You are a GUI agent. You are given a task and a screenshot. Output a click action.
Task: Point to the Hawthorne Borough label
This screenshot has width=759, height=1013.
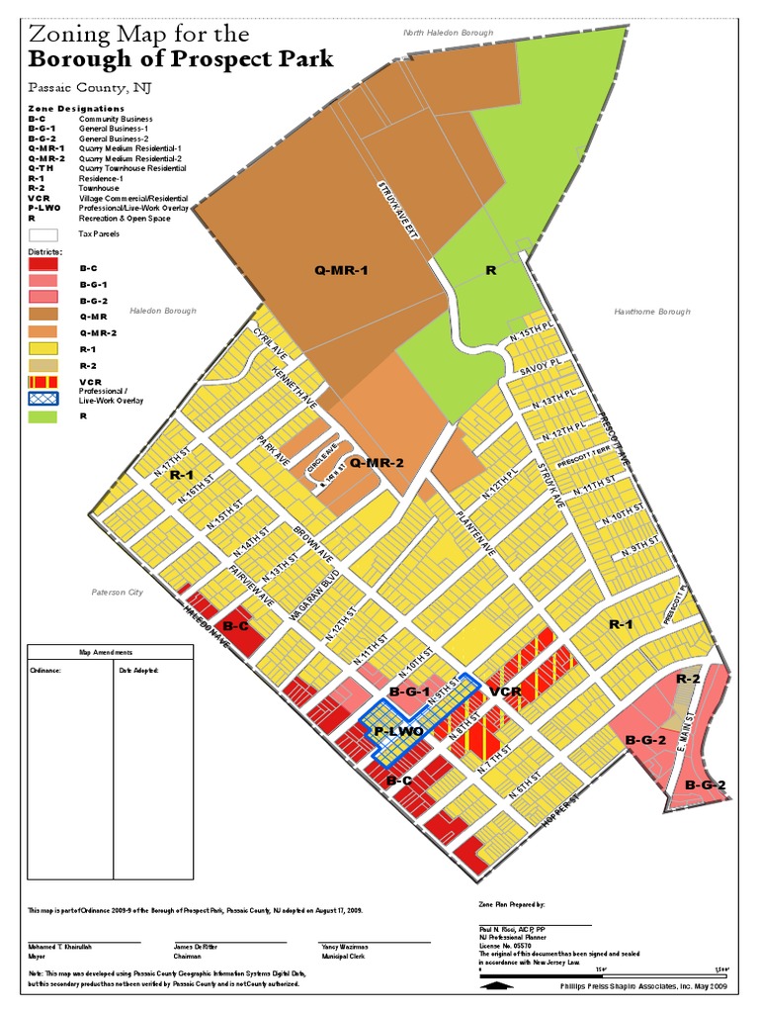pos(651,312)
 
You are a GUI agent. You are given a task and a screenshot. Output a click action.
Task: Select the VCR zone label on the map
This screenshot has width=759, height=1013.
pos(505,691)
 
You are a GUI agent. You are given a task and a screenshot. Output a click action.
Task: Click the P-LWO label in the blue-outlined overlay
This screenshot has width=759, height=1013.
pos(398,731)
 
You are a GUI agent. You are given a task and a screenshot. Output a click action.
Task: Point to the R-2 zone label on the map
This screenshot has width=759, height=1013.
pos(689,679)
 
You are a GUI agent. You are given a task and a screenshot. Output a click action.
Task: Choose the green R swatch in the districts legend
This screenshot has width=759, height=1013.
pos(42,416)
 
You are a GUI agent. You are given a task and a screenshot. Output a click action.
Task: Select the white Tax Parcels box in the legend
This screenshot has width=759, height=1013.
pos(42,235)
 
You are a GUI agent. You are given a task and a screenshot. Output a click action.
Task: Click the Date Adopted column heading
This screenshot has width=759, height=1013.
pos(139,670)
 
